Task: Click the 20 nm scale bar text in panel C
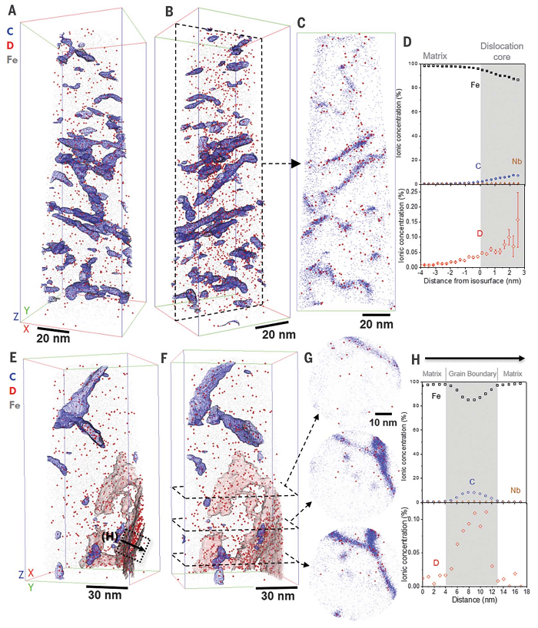click(379, 324)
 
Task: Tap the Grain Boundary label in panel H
click(472, 373)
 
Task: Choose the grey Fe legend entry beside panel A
click(12, 58)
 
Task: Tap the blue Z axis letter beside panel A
click(16, 316)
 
